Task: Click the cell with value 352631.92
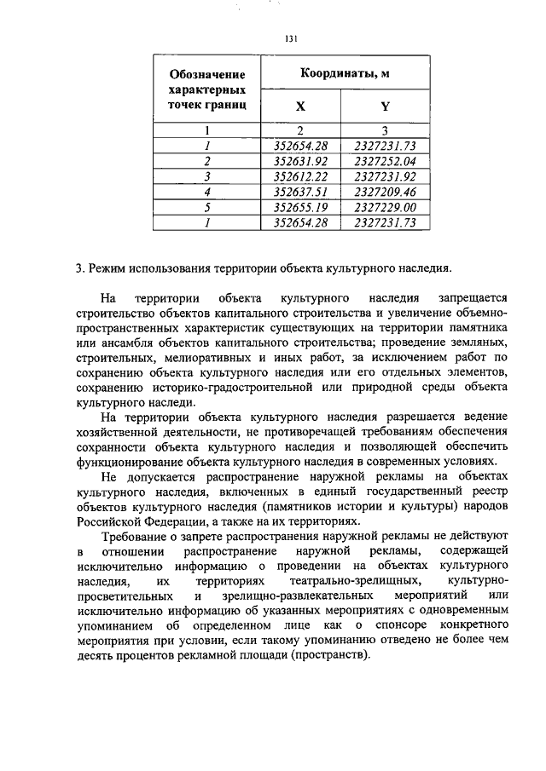(300, 161)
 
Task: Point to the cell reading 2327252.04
(385, 161)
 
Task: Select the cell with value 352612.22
(300, 176)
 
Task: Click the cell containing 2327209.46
(385, 192)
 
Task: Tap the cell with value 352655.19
(300, 207)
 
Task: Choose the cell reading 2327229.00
(385, 207)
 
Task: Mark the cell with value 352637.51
(300, 192)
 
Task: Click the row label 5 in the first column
(207, 207)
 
